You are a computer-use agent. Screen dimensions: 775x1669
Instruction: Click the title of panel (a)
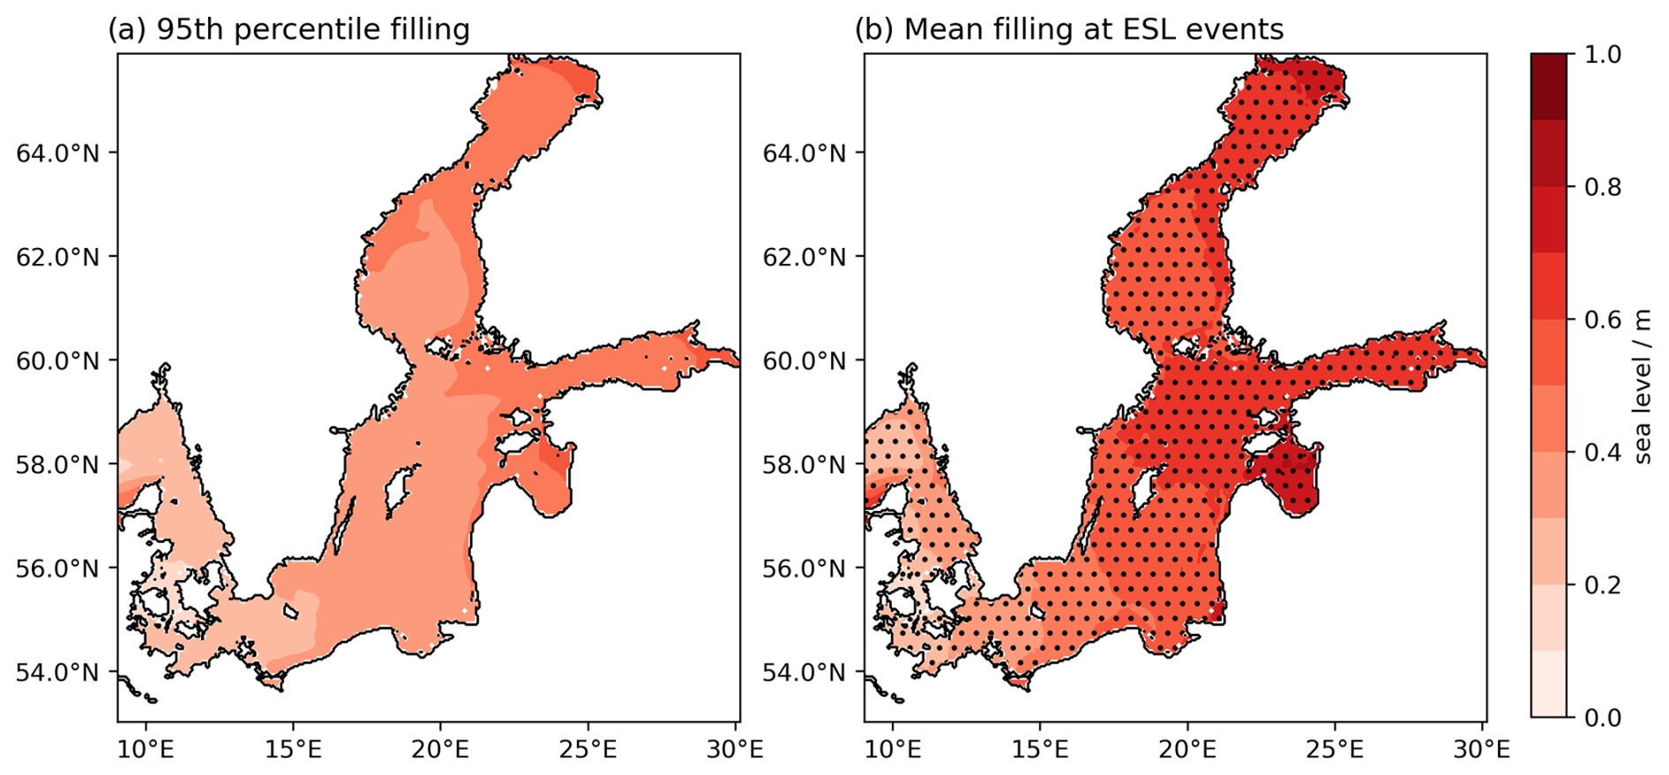click(x=288, y=30)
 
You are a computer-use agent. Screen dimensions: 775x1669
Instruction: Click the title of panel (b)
click(x=1068, y=30)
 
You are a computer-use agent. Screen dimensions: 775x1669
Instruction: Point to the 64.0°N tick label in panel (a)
click(x=57, y=154)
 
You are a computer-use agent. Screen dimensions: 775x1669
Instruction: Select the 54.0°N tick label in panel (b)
click(x=804, y=673)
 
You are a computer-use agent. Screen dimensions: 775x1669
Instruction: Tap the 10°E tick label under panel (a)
click(x=146, y=749)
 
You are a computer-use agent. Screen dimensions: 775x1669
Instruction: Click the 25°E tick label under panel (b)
click(x=1335, y=749)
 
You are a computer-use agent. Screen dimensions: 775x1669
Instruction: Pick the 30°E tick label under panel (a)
click(x=736, y=749)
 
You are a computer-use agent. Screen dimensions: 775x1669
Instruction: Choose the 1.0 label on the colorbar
click(x=1602, y=55)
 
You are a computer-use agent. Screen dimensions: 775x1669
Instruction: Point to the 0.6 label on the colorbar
click(x=1602, y=320)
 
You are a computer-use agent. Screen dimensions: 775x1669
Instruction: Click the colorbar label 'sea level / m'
click(x=1642, y=386)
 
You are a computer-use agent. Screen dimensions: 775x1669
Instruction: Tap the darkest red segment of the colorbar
click(x=1548, y=87)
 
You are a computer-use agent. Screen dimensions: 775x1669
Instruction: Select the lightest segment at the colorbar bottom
click(x=1548, y=684)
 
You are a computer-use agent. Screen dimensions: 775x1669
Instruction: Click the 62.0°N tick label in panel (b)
click(x=804, y=258)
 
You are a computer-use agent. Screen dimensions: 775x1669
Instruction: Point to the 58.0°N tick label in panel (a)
click(x=57, y=464)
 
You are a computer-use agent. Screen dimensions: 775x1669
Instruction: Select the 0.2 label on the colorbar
click(x=1602, y=585)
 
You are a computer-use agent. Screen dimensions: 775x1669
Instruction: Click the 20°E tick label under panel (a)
click(x=440, y=749)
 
